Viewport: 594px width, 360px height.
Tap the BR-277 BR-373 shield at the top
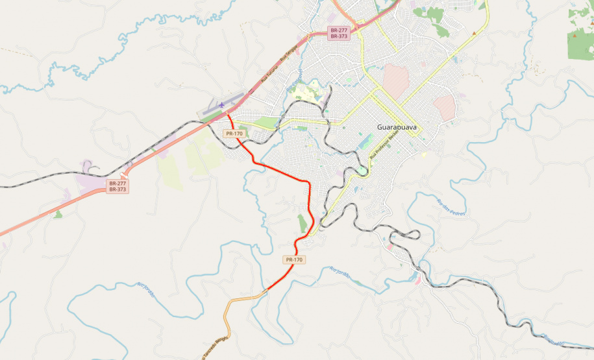point(339,33)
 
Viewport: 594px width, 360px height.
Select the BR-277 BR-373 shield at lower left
point(118,187)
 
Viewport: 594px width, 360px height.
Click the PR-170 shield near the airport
point(234,134)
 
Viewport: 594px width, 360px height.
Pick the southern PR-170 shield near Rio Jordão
point(294,259)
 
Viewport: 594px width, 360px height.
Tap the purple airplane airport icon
point(222,104)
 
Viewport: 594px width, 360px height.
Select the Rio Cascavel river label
point(295,81)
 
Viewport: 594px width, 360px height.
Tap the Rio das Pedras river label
point(452,207)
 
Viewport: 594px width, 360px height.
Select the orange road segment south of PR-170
point(243,299)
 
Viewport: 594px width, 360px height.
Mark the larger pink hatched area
point(395,81)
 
